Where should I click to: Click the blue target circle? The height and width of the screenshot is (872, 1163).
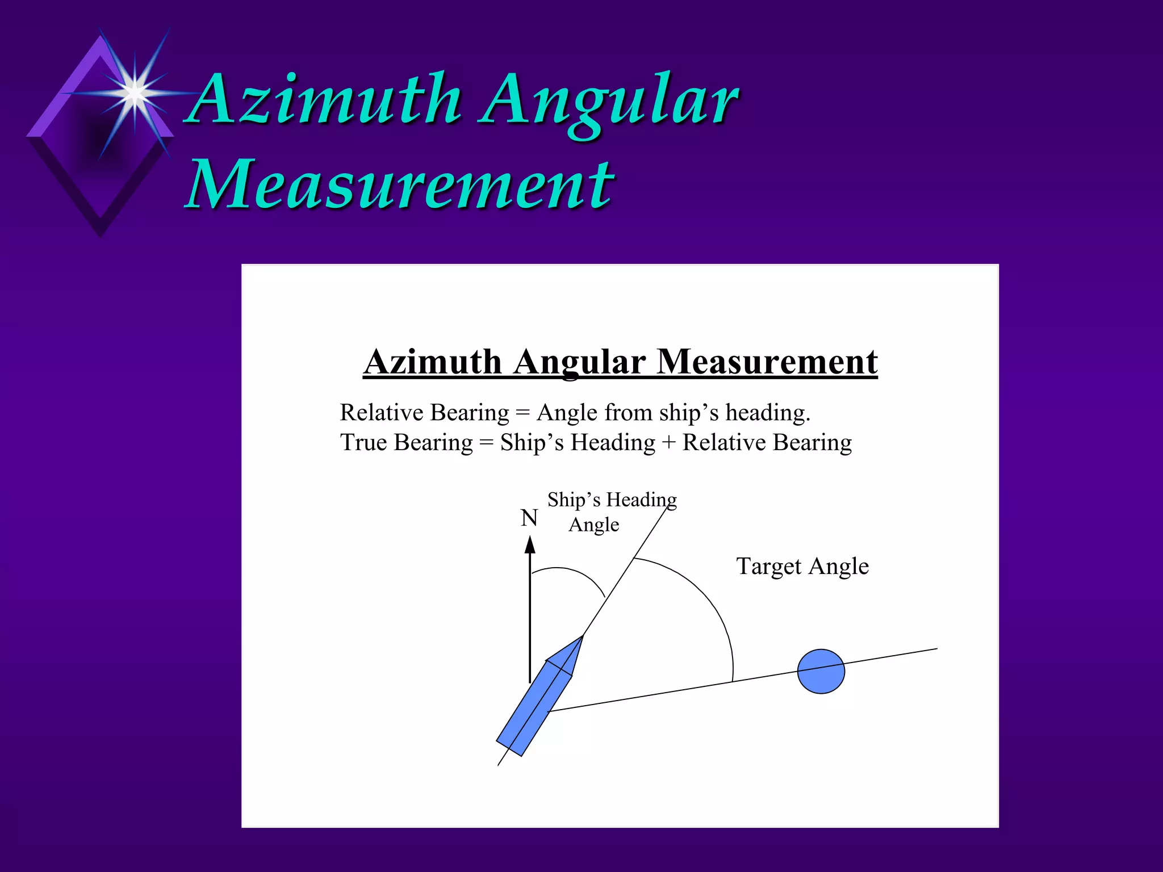click(x=821, y=672)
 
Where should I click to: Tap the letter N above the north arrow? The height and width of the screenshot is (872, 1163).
click(x=529, y=518)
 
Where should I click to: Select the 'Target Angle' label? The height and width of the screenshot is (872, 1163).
click(x=802, y=567)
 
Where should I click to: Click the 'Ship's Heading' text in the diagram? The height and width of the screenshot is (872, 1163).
click(x=612, y=500)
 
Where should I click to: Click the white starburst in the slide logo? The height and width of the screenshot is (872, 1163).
click(x=135, y=92)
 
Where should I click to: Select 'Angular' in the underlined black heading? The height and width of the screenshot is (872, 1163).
click(x=579, y=362)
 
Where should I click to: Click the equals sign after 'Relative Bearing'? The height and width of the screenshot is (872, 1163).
click(x=522, y=413)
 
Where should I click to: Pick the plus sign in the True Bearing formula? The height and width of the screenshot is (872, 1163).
click(x=668, y=443)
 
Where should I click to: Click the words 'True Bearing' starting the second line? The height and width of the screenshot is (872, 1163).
click(x=406, y=443)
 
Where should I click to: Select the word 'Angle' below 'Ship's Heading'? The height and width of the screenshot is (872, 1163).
click(x=593, y=525)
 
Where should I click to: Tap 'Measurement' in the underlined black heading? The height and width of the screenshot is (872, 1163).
click(x=767, y=362)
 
